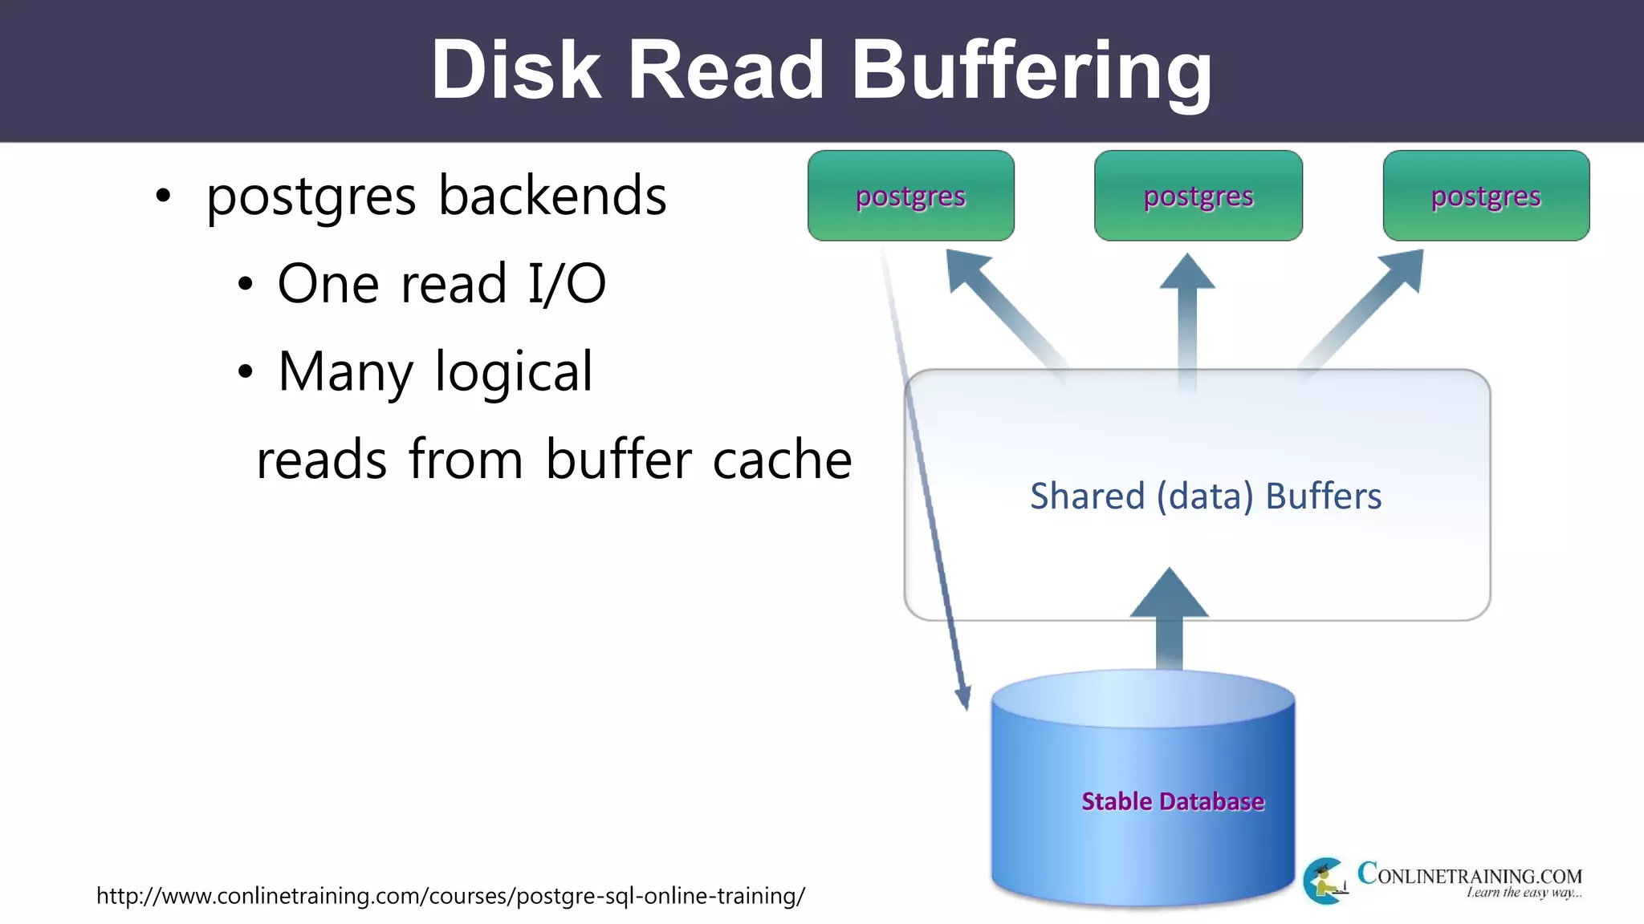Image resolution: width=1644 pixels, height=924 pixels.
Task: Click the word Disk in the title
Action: (515, 71)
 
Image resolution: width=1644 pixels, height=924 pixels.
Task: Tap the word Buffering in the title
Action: (1031, 71)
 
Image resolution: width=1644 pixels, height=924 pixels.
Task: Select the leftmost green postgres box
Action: (911, 196)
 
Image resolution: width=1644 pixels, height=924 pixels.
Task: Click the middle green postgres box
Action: (1198, 196)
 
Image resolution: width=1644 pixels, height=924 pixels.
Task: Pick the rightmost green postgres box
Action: (1486, 196)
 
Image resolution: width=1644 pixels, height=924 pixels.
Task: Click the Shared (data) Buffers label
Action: (1206, 496)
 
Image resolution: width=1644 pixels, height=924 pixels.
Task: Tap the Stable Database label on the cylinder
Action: (1172, 801)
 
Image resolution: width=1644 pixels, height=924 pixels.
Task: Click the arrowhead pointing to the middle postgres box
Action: (1187, 274)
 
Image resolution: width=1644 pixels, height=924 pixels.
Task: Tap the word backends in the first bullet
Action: (552, 196)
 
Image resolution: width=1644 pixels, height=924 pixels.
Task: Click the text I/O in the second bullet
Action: (566, 284)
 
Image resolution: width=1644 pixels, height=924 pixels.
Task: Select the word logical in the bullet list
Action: (514, 372)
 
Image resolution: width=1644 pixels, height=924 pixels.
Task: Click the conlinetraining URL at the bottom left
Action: (450, 895)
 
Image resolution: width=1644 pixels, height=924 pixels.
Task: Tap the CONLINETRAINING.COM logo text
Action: (1469, 874)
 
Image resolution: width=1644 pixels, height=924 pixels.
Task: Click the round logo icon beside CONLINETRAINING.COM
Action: (1325, 881)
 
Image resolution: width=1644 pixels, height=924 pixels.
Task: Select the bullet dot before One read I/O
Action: (245, 285)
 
